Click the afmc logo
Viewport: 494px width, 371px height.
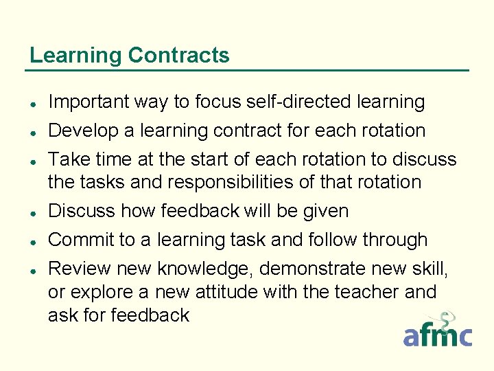(437, 331)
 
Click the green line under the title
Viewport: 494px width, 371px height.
(247, 70)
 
